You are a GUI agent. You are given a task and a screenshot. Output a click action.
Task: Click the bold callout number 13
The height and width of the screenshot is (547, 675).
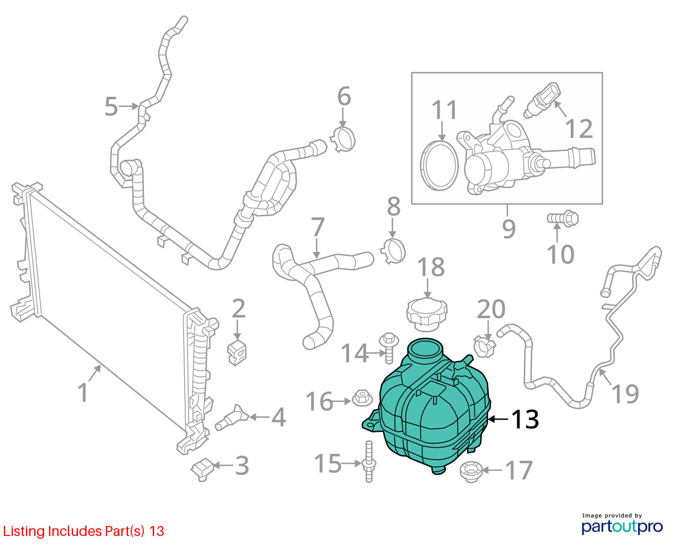click(x=525, y=419)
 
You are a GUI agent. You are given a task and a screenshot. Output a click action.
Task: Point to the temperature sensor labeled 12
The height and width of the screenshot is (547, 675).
click(x=542, y=100)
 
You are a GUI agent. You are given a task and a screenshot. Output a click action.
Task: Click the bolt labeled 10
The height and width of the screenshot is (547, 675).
click(x=563, y=219)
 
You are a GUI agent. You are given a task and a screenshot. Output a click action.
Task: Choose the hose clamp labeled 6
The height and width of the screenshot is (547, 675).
click(x=342, y=139)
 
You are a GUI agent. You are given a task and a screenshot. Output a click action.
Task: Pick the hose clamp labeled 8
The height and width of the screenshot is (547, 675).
click(x=393, y=251)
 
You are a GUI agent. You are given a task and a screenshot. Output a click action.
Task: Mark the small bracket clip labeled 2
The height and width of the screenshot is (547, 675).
click(x=237, y=352)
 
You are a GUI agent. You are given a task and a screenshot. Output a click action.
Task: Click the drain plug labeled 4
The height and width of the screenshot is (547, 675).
click(x=232, y=418)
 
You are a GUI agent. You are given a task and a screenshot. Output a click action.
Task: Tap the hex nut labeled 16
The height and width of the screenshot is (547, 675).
click(x=362, y=398)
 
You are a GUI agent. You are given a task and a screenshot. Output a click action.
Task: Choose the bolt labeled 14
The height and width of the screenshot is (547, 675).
click(x=389, y=347)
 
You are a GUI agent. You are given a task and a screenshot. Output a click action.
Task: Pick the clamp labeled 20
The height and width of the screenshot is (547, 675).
click(x=484, y=346)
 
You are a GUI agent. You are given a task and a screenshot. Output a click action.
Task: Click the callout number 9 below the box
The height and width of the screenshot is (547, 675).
click(x=509, y=228)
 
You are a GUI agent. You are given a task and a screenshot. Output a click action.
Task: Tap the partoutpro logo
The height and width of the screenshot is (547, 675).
click(x=622, y=527)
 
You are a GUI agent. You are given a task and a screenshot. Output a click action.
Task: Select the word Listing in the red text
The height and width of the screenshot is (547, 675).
click(x=24, y=531)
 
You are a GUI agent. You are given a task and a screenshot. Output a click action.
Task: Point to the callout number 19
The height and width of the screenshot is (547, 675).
click(x=625, y=394)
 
